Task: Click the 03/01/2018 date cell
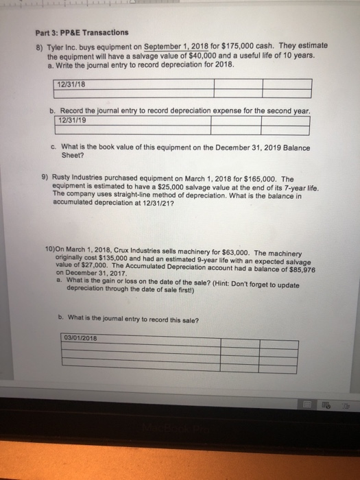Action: click(x=81, y=337)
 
